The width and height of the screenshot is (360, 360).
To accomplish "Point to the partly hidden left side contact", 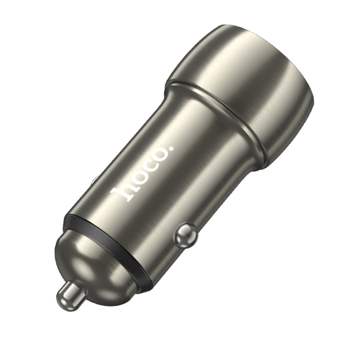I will (x=94, y=181).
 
